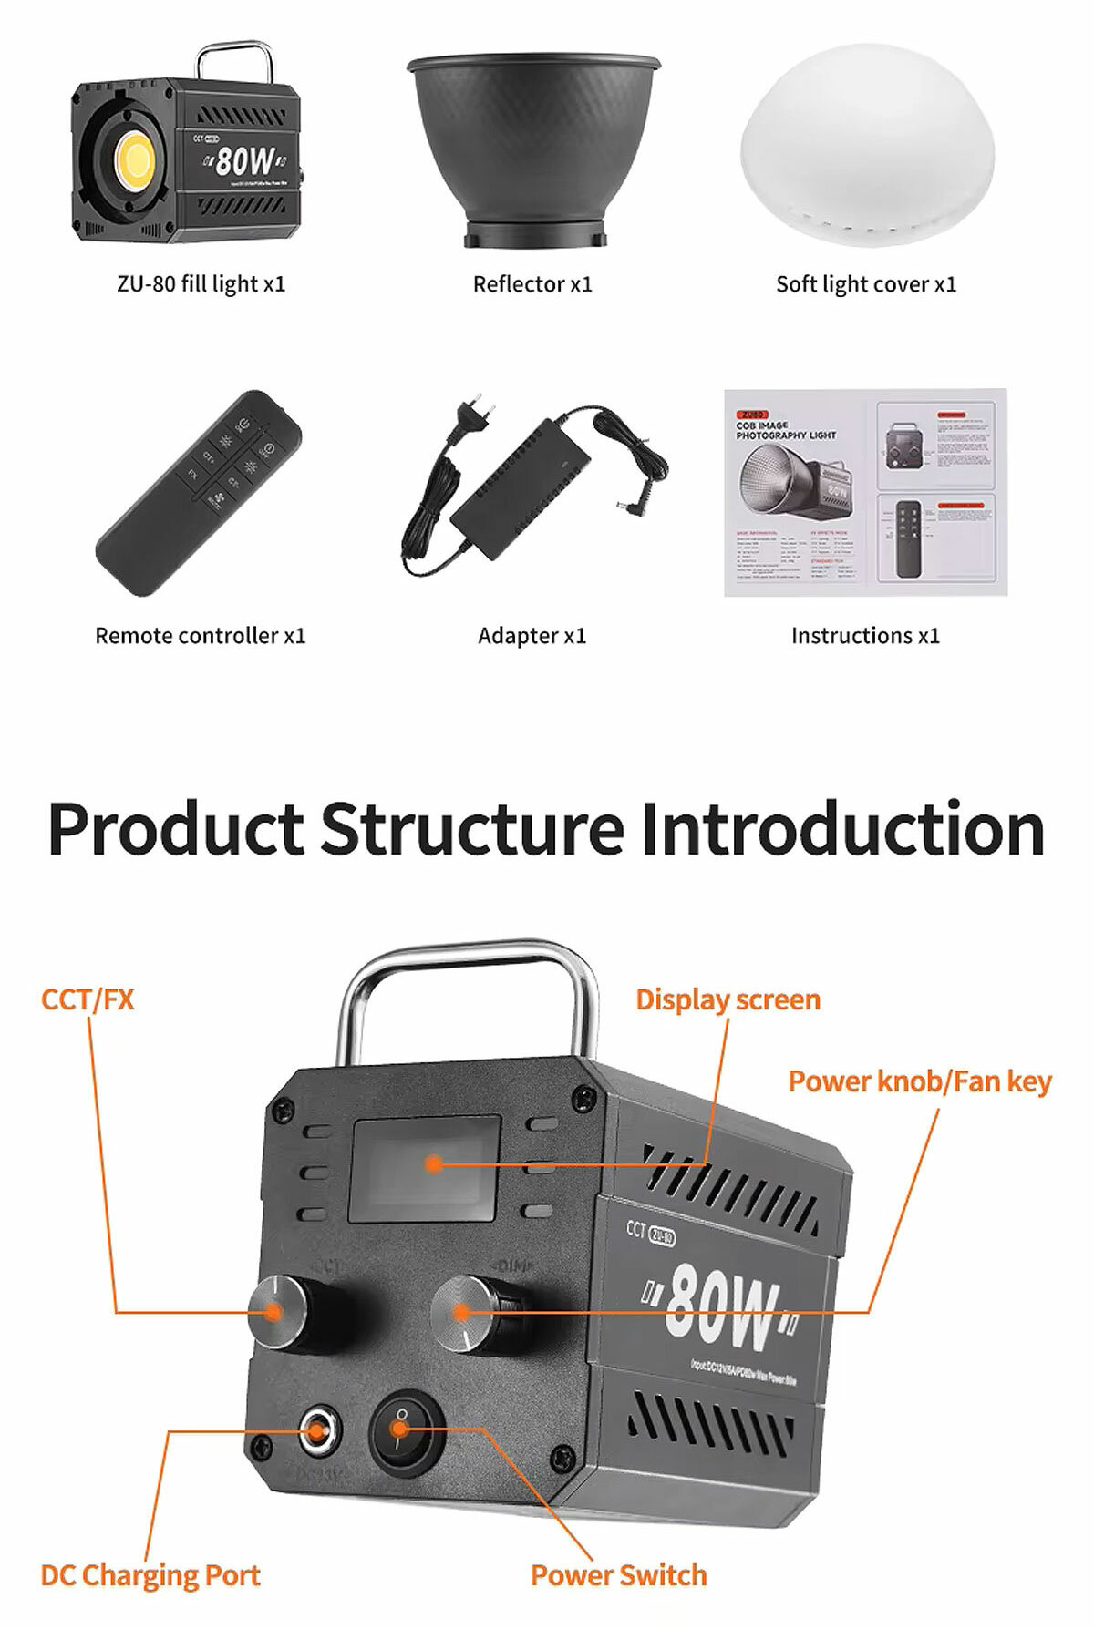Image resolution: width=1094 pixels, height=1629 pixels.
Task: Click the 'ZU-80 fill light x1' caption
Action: coord(201,284)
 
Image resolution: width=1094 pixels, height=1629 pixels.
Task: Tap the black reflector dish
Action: coord(533,146)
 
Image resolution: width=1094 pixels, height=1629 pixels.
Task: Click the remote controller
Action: coord(199,492)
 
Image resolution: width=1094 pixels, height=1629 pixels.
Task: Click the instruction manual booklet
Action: coord(865,492)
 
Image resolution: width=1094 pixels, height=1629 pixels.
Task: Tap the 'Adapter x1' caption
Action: coord(532,635)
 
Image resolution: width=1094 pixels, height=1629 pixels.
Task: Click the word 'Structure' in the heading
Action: coord(472,829)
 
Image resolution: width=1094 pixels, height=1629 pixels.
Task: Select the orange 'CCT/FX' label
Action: coord(88,999)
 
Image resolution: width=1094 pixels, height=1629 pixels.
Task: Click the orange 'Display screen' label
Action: coord(728,999)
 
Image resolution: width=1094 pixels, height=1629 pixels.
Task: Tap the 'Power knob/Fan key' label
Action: coord(919,1081)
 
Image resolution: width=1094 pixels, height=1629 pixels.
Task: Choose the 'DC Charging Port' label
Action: coord(150,1575)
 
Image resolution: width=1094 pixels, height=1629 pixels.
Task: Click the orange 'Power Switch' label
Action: coord(618,1575)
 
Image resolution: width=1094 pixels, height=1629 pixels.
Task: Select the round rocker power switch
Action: coord(404,1430)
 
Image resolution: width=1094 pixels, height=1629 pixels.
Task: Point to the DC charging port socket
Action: coord(316,1431)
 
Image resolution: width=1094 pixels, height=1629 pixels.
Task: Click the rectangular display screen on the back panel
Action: coord(425,1168)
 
